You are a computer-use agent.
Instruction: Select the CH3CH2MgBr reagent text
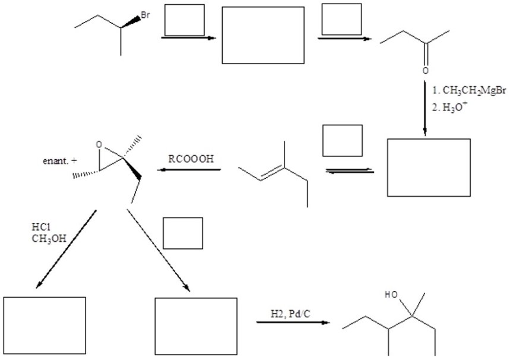[469, 90]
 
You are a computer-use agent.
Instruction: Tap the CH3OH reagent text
[49, 239]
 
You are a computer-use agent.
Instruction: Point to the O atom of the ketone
[425, 71]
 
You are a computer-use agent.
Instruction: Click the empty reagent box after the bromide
[184, 20]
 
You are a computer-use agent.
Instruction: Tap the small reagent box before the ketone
[341, 19]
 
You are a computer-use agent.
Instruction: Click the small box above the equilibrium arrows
[342, 140]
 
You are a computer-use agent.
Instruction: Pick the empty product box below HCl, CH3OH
[45, 325]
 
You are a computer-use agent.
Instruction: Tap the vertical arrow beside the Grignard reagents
[425, 107]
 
